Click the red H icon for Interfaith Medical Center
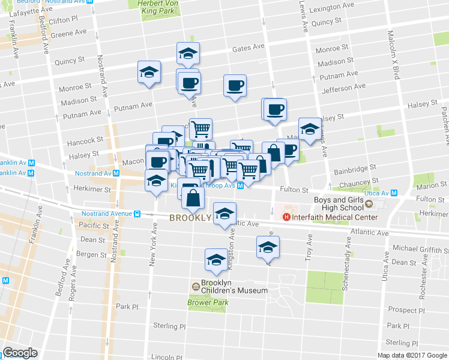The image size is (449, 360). click(x=286, y=217)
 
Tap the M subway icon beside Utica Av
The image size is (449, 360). click(x=394, y=193)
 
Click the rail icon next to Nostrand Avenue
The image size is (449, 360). click(x=137, y=213)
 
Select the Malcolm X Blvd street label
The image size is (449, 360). click(x=394, y=54)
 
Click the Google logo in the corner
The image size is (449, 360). click(x=20, y=353)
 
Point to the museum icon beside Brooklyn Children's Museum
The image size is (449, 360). click(x=196, y=286)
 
